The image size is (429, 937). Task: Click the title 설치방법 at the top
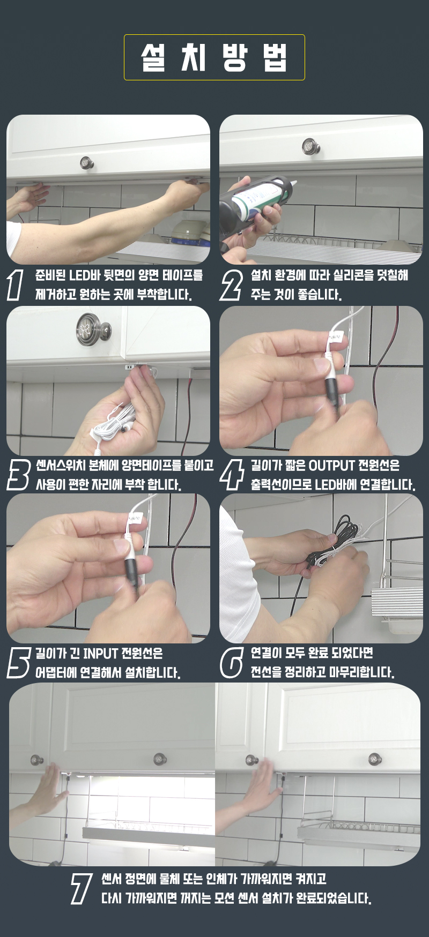tap(214, 57)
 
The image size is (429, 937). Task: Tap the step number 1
tap(15, 284)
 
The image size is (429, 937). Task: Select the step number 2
tap(231, 284)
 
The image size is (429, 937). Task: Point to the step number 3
tap(18, 474)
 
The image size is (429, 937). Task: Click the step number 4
tap(232, 474)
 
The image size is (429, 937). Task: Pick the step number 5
tap(18, 662)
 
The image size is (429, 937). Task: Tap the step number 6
tap(232, 662)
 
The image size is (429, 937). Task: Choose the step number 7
tap(82, 888)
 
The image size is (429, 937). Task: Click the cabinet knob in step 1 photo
tap(86, 162)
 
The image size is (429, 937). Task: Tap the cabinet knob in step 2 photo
tap(308, 146)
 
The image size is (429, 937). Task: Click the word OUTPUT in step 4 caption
tap(332, 465)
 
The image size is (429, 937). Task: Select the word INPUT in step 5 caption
tap(100, 653)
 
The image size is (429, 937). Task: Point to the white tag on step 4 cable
tap(335, 338)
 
